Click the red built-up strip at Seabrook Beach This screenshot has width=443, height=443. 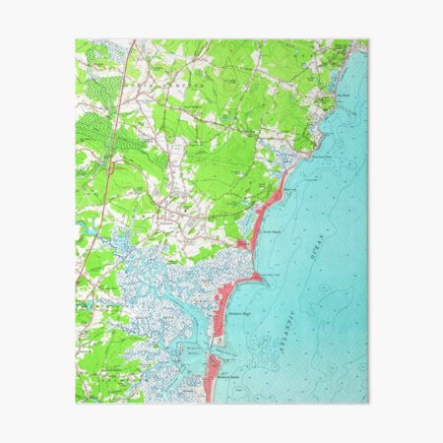[211, 377]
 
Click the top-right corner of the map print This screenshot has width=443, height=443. [368, 40]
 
